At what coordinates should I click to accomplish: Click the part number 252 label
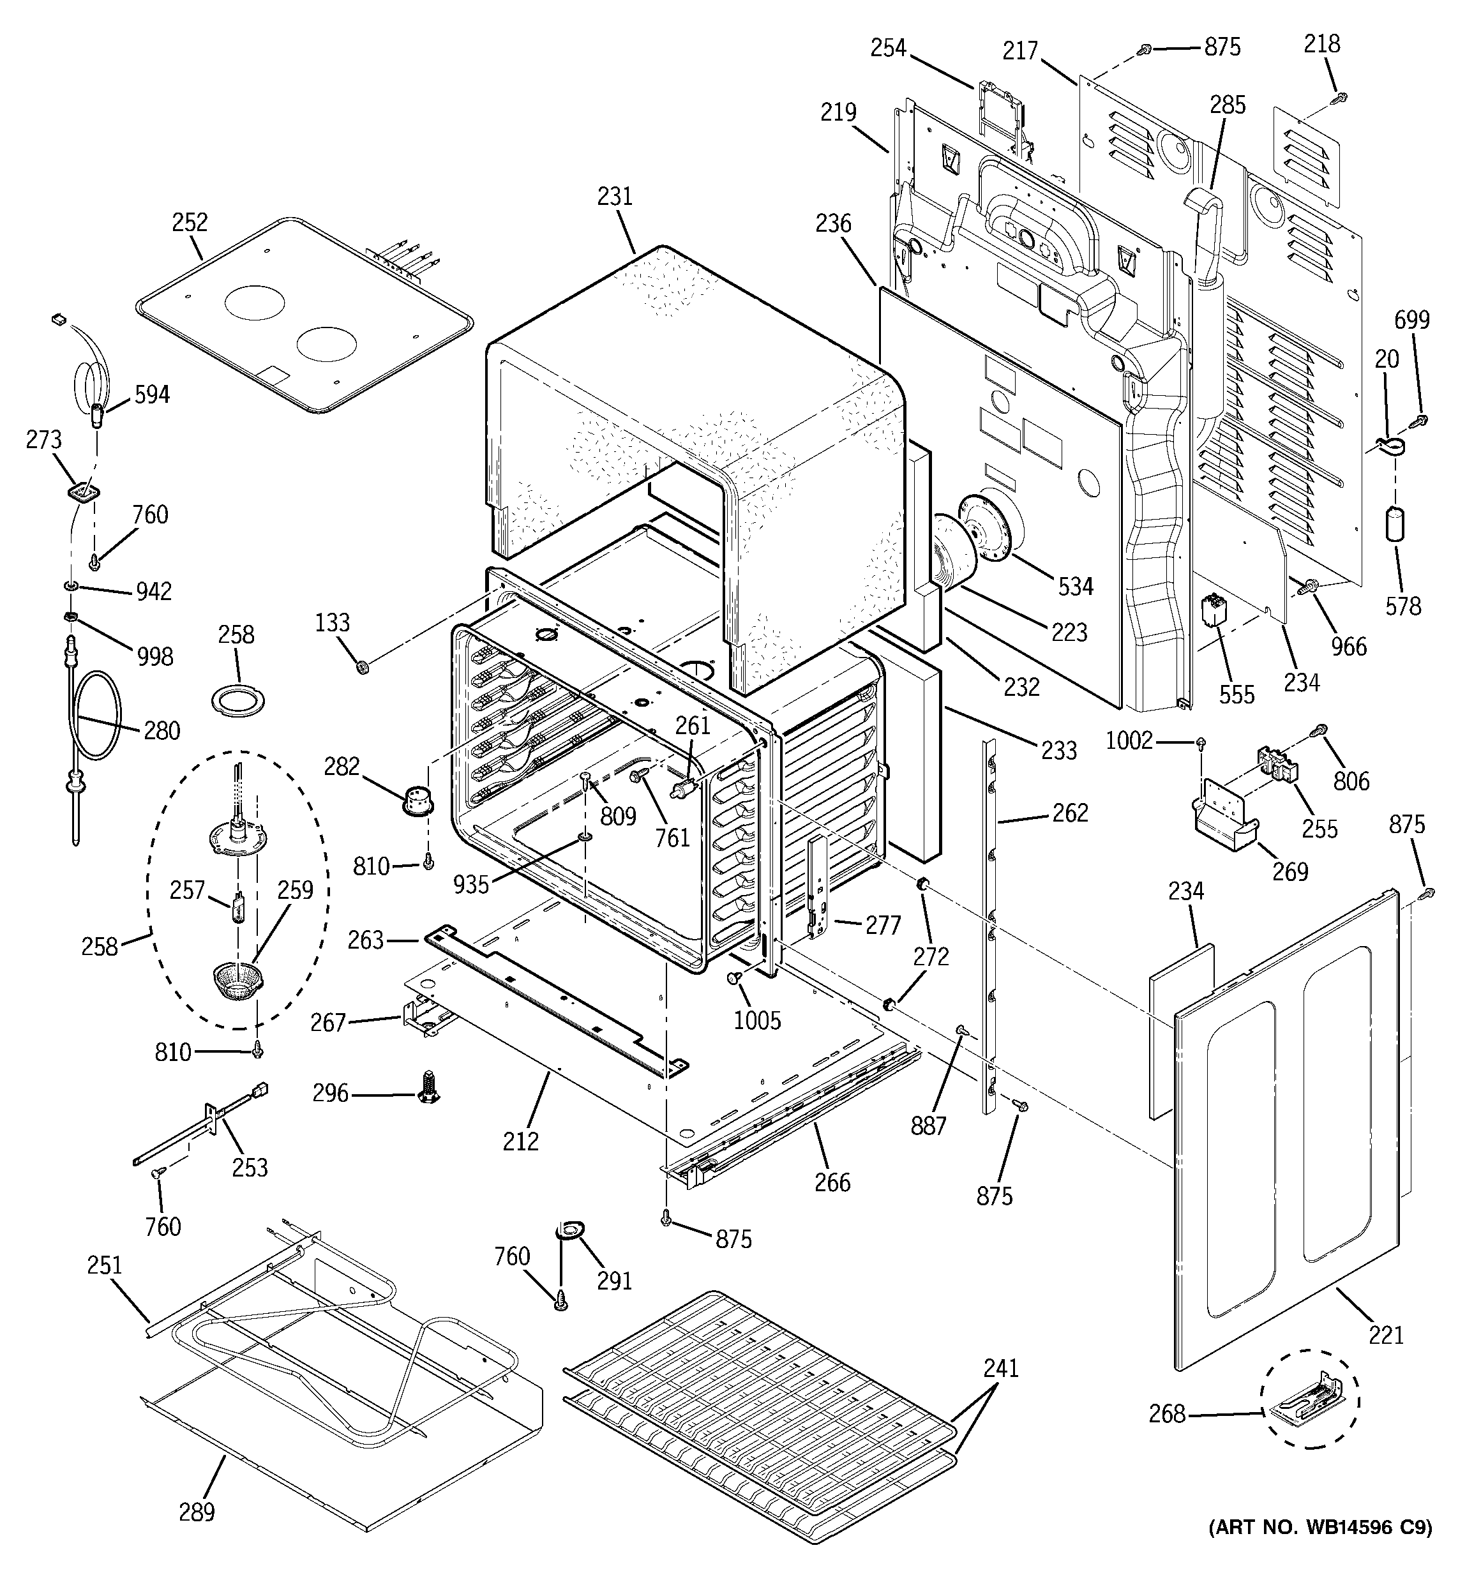[x=190, y=223]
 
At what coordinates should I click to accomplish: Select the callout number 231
[x=615, y=197]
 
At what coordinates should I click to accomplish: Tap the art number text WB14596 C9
[x=1319, y=1550]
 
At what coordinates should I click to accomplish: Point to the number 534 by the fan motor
[x=1076, y=587]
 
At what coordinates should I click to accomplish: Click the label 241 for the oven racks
[x=1001, y=1368]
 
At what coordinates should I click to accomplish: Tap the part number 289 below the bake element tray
[x=197, y=1511]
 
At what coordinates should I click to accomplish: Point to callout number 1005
[x=757, y=1019]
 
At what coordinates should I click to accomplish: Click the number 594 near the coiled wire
[x=151, y=395]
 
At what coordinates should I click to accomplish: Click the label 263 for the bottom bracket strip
[x=366, y=940]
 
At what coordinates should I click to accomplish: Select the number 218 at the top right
[x=1321, y=43]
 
